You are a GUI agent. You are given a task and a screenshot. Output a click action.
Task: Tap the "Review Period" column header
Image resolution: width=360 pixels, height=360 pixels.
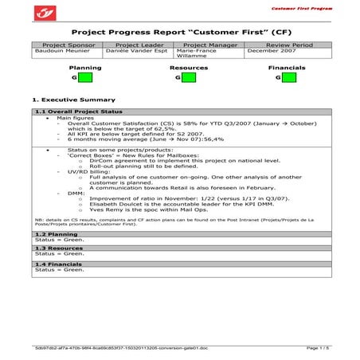point(290,45)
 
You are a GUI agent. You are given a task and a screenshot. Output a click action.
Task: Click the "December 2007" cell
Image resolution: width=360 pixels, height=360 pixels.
point(271,52)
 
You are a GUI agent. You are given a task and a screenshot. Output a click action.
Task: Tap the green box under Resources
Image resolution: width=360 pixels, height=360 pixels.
point(188,78)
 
